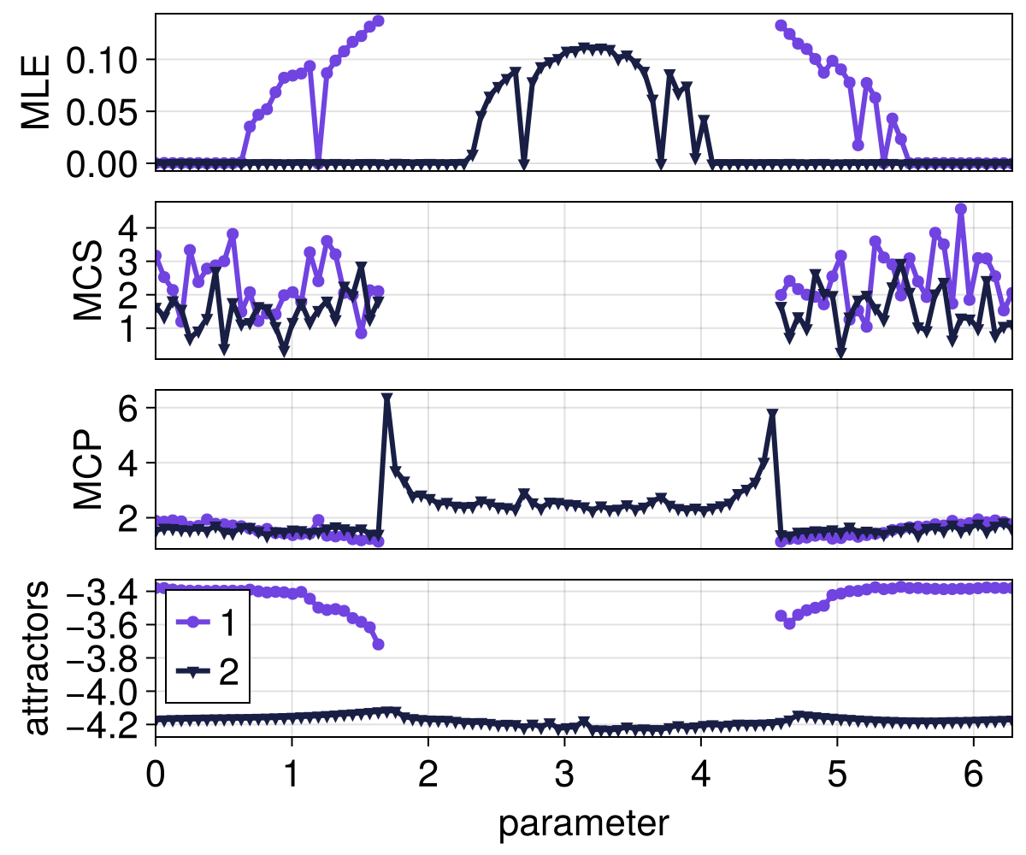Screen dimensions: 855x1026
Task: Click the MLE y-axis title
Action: [36, 92]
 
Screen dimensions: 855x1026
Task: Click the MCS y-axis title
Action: [88, 280]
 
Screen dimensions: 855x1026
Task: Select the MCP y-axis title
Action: [88, 469]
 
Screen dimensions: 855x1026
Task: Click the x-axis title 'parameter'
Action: [583, 823]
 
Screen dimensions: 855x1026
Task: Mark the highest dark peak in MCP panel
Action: [387, 399]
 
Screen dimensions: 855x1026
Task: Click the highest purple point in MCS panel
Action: [960, 209]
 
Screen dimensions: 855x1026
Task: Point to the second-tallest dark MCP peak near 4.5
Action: [772, 415]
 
